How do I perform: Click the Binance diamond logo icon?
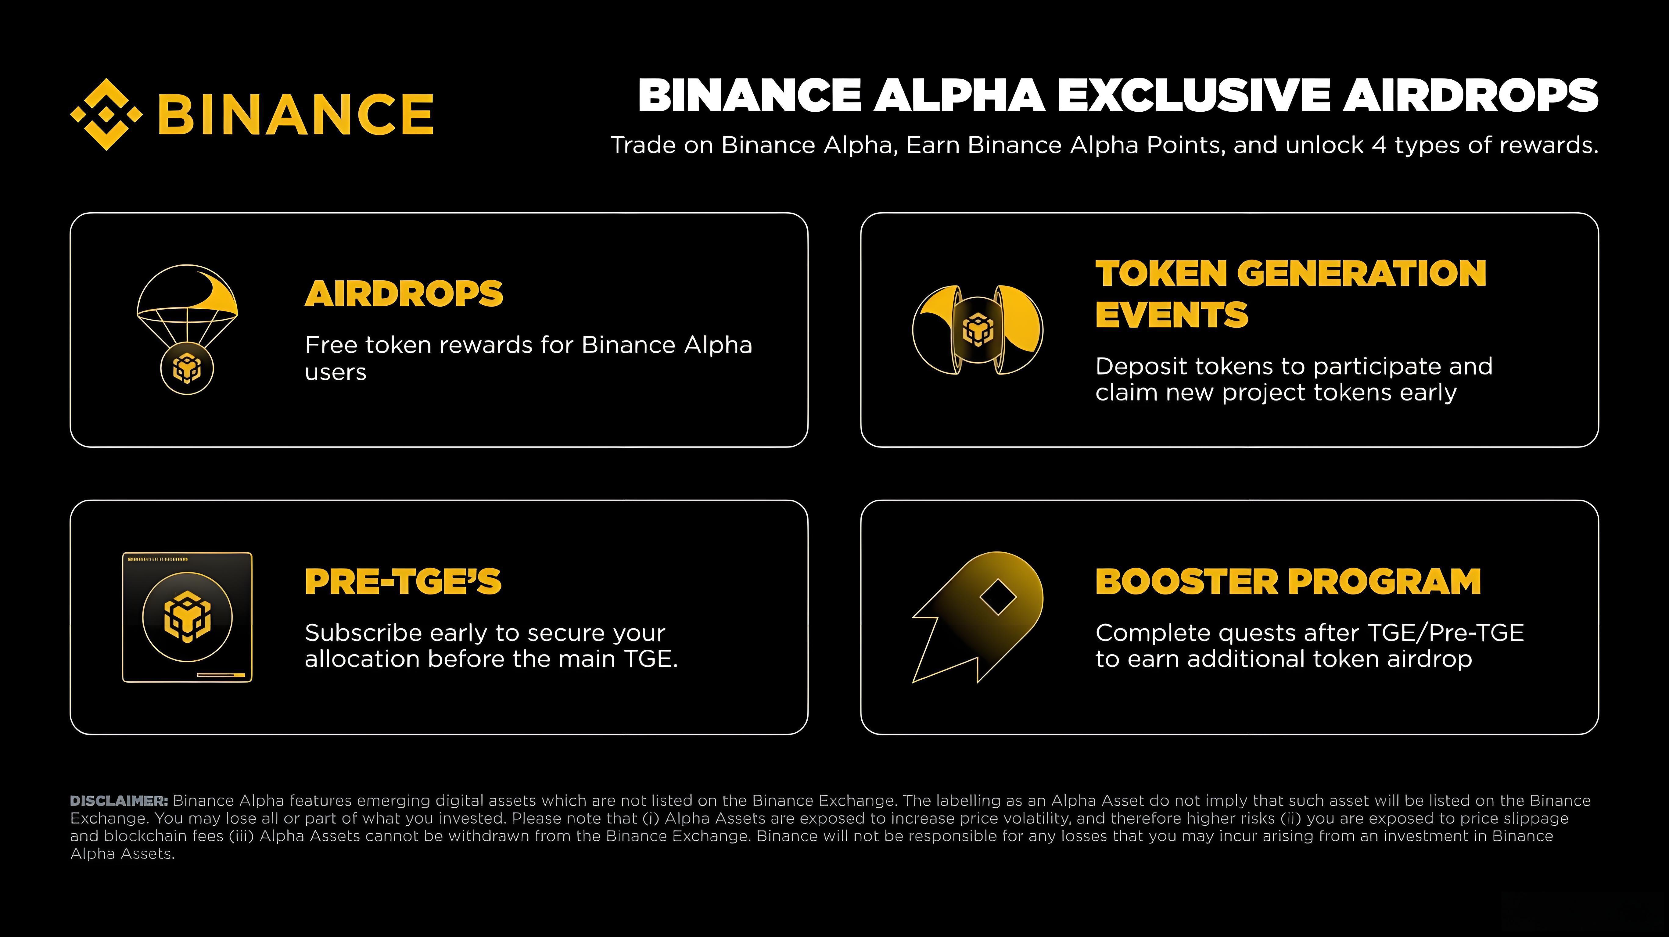coord(106,114)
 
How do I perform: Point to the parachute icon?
coord(187,305)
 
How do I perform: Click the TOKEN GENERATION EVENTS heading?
coord(1290,293)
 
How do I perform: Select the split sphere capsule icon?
coord(978,330)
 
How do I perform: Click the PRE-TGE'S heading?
coord(403,581)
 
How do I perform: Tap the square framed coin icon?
coord(187,617)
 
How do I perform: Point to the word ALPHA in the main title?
coord(959,96)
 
